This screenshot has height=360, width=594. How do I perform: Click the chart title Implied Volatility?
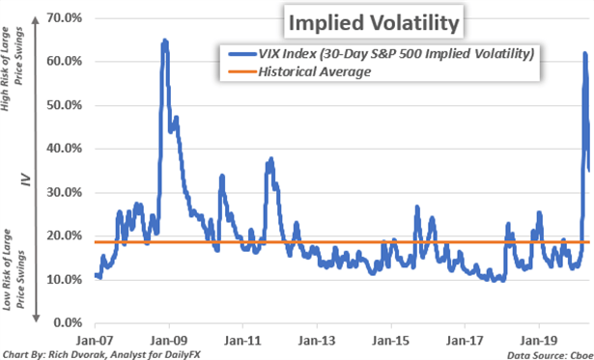point(354,19)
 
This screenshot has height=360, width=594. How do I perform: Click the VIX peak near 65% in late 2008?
point(164,41)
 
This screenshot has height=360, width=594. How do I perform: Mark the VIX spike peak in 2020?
point(584,54)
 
